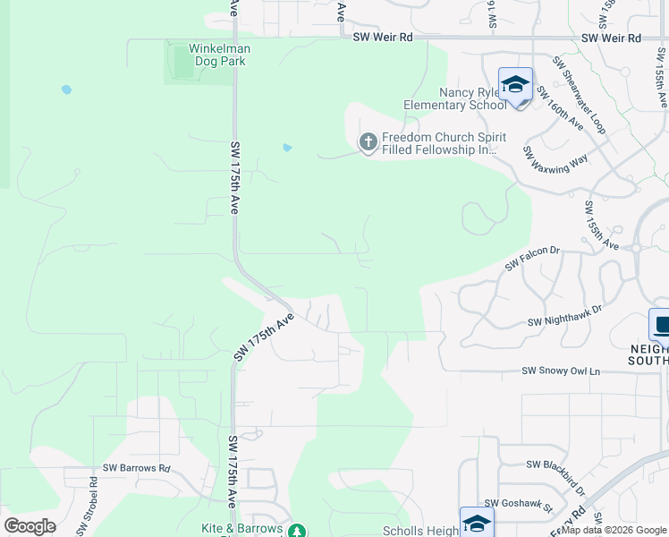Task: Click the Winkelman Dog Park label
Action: click(219, 55)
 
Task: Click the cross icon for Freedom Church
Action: click(368, 141)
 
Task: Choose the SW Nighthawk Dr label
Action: click(564, 315)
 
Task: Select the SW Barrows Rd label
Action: click(136, 467)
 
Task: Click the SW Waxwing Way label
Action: click(555, 168)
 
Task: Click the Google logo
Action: click(30, 525)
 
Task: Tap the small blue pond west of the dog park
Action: click(65, 89)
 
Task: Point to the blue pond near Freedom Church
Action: click(287, 148)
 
